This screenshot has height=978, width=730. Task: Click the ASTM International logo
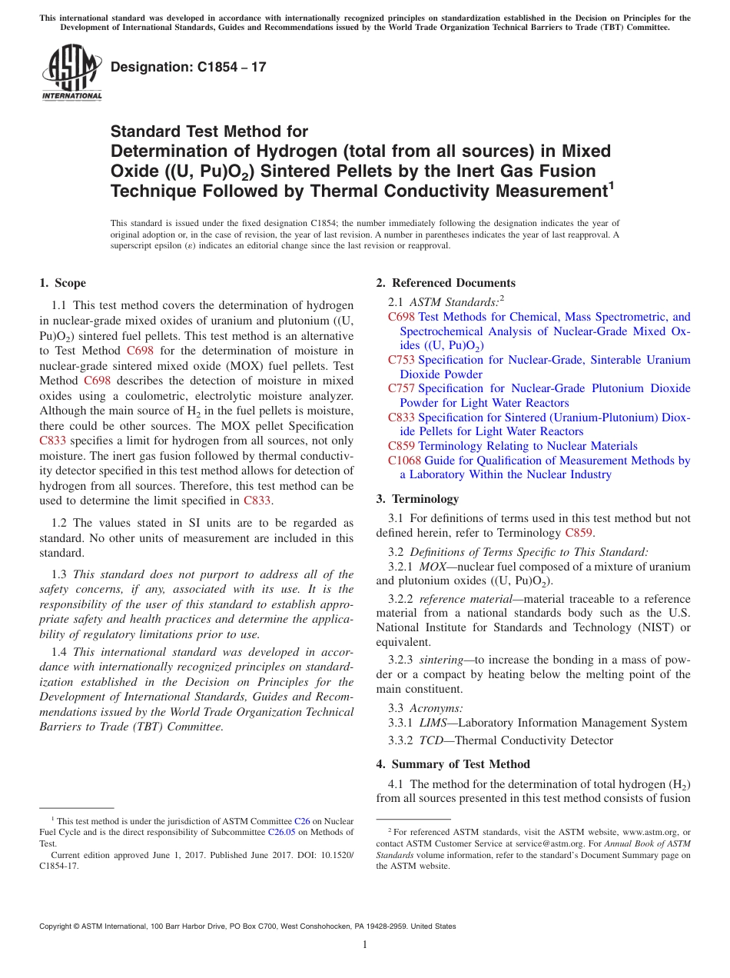pos(71,72)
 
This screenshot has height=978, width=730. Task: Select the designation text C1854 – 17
pos(188,67)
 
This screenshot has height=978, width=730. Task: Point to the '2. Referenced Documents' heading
pos(446,283)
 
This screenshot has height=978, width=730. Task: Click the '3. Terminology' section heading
pos(427,499)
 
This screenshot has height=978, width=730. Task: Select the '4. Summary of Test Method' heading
pos(453,763)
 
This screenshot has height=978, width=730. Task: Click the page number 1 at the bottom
pos(365,944)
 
